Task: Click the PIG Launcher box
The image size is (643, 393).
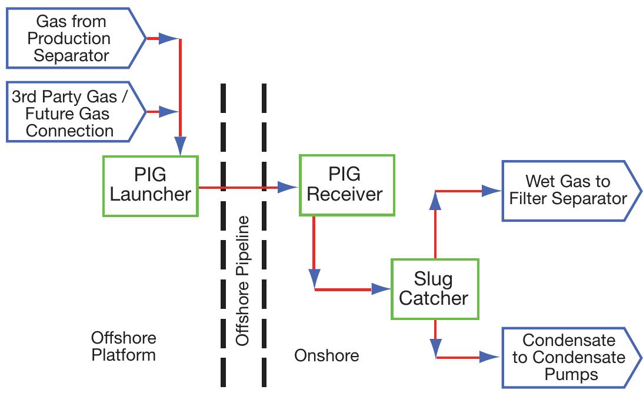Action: click(x=150, y=186)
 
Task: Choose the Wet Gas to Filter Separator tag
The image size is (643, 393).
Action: click(x=567, y=190)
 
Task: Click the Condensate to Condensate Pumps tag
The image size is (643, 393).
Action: click(x=567, y=357)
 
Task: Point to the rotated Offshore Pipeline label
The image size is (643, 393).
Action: click(x=242, y=281)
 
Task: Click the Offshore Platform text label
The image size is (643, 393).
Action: click(x=124, y=347)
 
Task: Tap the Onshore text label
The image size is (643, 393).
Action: click(x=326, y=355)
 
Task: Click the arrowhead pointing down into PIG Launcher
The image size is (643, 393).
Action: click(x=181, y=145)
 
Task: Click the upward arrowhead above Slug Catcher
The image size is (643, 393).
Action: click(x=435, y=202)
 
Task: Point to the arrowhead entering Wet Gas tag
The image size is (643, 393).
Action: click(x=489, y=190)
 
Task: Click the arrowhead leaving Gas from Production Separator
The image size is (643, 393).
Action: click(x=168, y=39)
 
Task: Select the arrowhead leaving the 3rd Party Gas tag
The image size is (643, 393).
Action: click(x=168, y=111)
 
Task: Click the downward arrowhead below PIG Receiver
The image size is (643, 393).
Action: click(x=314, y=277)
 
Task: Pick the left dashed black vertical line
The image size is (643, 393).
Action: click(x=223, y=235)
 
